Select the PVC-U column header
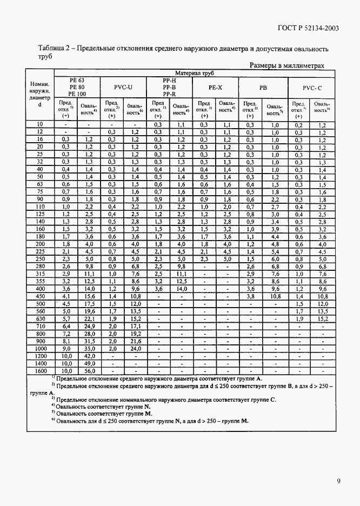click(123, 86)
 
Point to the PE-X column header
click(216, 86)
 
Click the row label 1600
click(40, 371)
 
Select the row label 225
click(40, 251)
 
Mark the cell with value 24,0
click(135, 348)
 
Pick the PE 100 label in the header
click(77, 94)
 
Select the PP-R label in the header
click(169, 94)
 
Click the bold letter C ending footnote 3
click(274, 400)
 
